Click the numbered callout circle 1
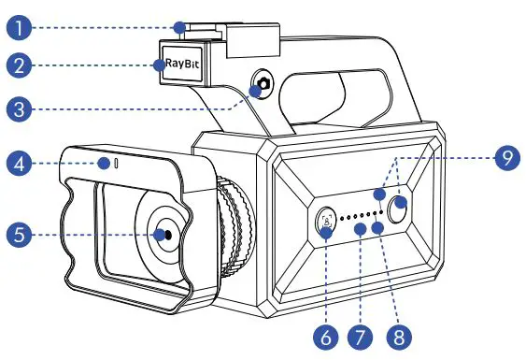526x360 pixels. [x=17, y=26]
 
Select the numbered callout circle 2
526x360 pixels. [x=17, y=66]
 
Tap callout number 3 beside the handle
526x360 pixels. [x=17, y=108]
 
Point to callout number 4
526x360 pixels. [x=17, y=165]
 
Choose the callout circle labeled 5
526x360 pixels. [x=17, y=233]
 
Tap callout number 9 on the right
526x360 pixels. [x=505, y=158]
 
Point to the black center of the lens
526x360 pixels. [x=164, y=233]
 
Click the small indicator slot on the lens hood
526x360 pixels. [x=117, y=165]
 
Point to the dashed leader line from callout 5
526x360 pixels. [x=84, y=233]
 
